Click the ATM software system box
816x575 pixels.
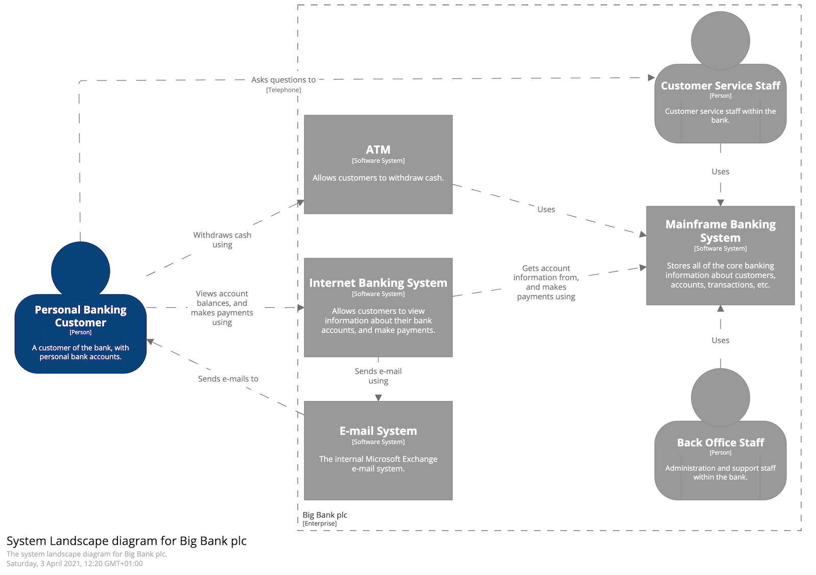pyautogui.click(x=378, y=164)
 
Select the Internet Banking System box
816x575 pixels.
pyautogui.click(x=378, y=307)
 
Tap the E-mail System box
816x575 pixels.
pyautogui.click(x=378, y=451)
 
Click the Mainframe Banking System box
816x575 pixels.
pyautogui.click(x=720, y=255)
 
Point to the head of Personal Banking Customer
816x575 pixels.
pyautogui.click(x=81, y=271)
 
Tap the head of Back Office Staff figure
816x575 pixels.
pyautogui.click(x=720, y=398)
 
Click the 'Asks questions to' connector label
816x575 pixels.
pyautogui.click(x=283, y=80)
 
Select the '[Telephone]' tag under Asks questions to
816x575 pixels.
pyautogui.click(x=283, y=90)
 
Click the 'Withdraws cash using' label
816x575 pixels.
pyautogui.click(x=222, y=240)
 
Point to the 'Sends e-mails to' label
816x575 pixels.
pyautogui.click(x=228, y=379)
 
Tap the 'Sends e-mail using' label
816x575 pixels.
pyautogui.click(x=378, y=376)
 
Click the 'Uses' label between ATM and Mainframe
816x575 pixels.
pyautogui.click(x=546, y=210)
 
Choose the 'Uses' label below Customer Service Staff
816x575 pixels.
pyautogui.click(x=720, y=172)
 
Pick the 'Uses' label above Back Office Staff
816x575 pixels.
pyautogui.click(x=720, y=340)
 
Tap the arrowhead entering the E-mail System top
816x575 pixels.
pyautogui.click(x=378, y=398)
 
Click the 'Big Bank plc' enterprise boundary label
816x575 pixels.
pyautogui.click(x=325, y=515)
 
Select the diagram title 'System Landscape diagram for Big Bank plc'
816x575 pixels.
pyautogui.click(x=126, y=541)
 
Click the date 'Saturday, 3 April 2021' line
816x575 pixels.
pyautogui.click(x=74, y=564)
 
